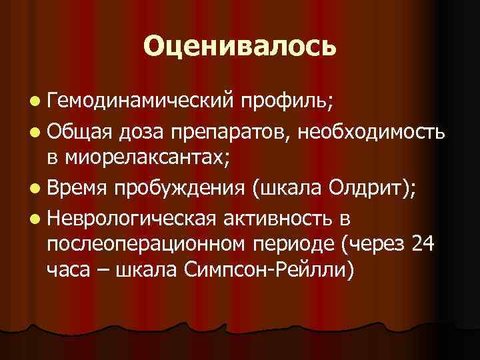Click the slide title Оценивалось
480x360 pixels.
pos(239,46)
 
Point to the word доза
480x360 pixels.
pos(139,131)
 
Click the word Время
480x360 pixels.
pos(77,189)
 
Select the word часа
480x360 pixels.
pos(66,273)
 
